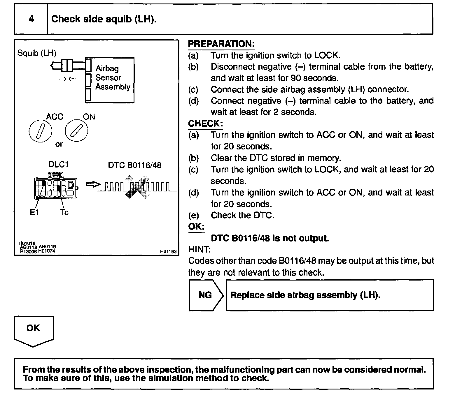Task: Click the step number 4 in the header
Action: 31,19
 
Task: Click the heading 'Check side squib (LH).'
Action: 104,19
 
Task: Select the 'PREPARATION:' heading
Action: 221,44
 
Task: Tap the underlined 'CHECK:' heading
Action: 205,124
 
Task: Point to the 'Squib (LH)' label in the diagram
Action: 37,53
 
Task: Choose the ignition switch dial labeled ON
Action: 76,131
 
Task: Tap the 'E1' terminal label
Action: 34,212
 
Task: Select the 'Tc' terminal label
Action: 64,212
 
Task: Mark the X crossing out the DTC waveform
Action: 136,187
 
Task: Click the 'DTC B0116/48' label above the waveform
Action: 134,165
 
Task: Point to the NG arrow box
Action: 206,295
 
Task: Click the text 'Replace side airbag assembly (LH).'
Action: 305,295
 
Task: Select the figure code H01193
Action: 168,251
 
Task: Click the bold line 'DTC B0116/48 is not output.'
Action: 270,238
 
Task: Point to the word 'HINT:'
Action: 199,249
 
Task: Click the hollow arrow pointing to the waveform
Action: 93,185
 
